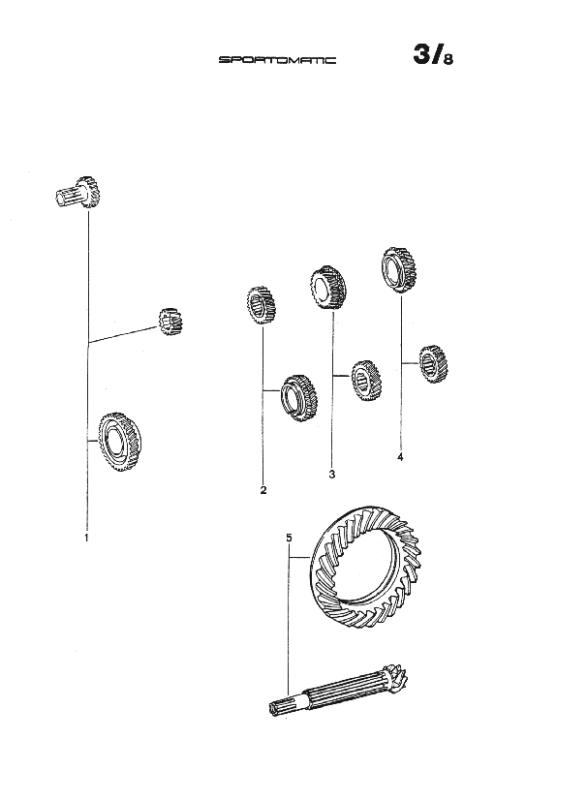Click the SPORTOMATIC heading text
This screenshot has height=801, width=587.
277,60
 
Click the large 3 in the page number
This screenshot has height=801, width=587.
423,55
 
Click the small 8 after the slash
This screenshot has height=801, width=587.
448,59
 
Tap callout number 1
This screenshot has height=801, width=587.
87,536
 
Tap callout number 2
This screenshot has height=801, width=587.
263,490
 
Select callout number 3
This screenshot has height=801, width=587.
331,475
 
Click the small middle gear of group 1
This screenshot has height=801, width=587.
171,321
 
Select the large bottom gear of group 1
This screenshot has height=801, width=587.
121,442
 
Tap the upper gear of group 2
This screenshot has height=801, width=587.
262,305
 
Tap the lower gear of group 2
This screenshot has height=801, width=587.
299,395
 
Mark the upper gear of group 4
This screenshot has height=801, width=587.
398,268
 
